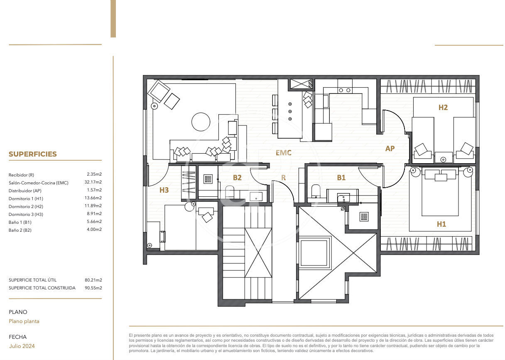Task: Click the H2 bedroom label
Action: (443, 107)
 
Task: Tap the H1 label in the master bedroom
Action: (441, 224)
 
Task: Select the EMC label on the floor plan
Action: (283, 153)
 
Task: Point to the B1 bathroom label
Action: (341, 178)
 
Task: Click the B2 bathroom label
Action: (237, 178)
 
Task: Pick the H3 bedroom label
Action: (164, 190)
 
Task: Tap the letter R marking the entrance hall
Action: (283, 178)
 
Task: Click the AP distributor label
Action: (390, 149)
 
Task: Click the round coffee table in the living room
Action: (201, 122)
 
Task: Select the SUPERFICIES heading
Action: (33, 154)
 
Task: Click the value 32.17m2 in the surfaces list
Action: (93, 182)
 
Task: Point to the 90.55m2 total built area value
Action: (93, 288)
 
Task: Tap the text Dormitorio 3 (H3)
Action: (26, 214)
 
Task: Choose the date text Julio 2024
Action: (22, 346)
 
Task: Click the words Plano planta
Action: (24, 321)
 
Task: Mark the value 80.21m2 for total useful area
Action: (93, 280)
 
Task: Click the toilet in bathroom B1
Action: (316, 191)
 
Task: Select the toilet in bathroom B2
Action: (230, 192)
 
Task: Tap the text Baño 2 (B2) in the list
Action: (20, 230)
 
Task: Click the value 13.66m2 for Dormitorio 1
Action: (93, 198)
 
